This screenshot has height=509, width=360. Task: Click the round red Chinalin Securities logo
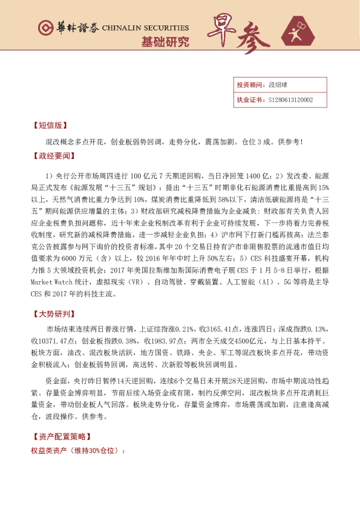pyautogui.click(x=45, y=28)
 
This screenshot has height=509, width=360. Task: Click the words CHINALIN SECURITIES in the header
pyautogui.click(x=145, y=28)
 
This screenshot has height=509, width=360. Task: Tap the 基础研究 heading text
pyautogui.click(x=165, y=42)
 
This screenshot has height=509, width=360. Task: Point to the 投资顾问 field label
pyautogui.click(x=249, y=85)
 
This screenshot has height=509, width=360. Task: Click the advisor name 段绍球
pyautogui.click(x=277, y=85)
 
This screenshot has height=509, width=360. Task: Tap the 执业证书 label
pyautogui.click(x=249, y=100)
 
